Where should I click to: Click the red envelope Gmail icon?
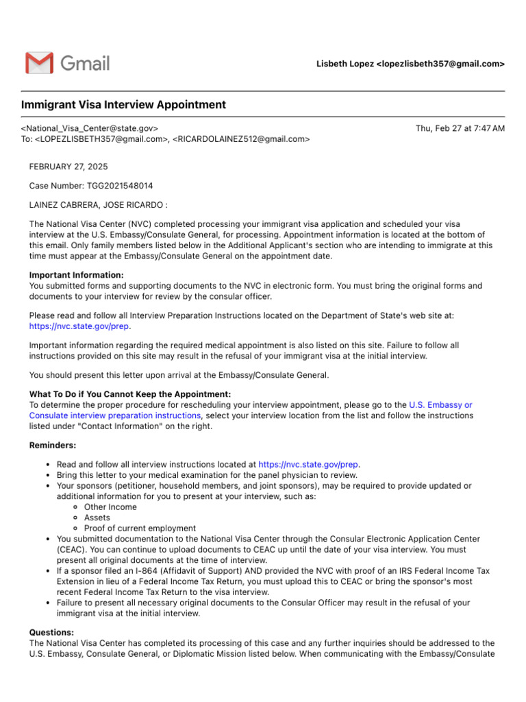point(39,63)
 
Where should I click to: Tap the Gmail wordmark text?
point(85,64)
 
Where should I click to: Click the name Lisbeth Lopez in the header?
point(345,64)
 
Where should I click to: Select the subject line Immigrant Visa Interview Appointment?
point(123,105)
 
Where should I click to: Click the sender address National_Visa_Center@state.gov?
point(90,128)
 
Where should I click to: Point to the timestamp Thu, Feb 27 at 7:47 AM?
point(460,128)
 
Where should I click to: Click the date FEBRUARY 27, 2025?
point(68,167)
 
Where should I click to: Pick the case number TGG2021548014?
point(120,186)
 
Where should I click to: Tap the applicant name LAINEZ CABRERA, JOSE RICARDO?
point(96,205)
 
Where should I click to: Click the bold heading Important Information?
point(77,275)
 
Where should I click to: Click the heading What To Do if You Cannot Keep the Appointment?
point(130,394)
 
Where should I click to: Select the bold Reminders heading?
point(53,445)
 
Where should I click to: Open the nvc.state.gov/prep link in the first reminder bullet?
point(308,464)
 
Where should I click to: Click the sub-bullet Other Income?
point(110,507)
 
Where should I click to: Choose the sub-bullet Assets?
point(97,518)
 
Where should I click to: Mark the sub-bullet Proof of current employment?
point(140,529)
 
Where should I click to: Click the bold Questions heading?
point(52,632)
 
